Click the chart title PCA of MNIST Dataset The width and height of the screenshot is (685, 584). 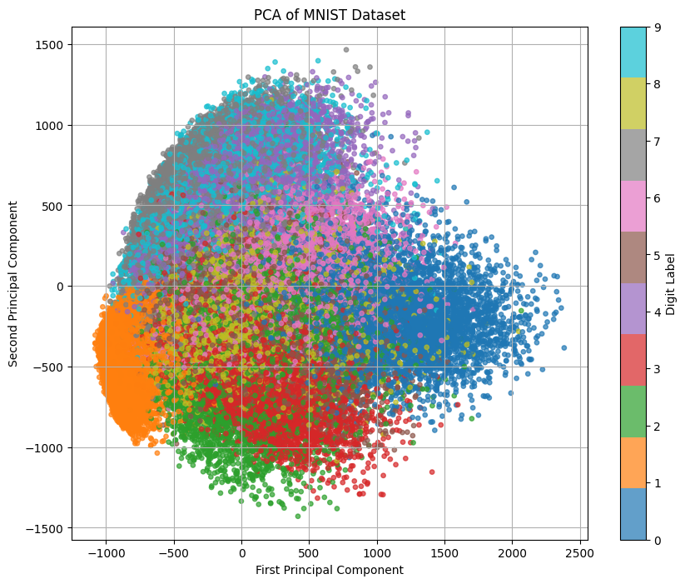coord(330,14)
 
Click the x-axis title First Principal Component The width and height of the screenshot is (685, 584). coord(330,570)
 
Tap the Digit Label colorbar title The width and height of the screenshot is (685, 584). coord(671,283)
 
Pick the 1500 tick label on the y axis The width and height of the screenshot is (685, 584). coord(50,44)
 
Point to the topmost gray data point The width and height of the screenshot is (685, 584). coord(346,50)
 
